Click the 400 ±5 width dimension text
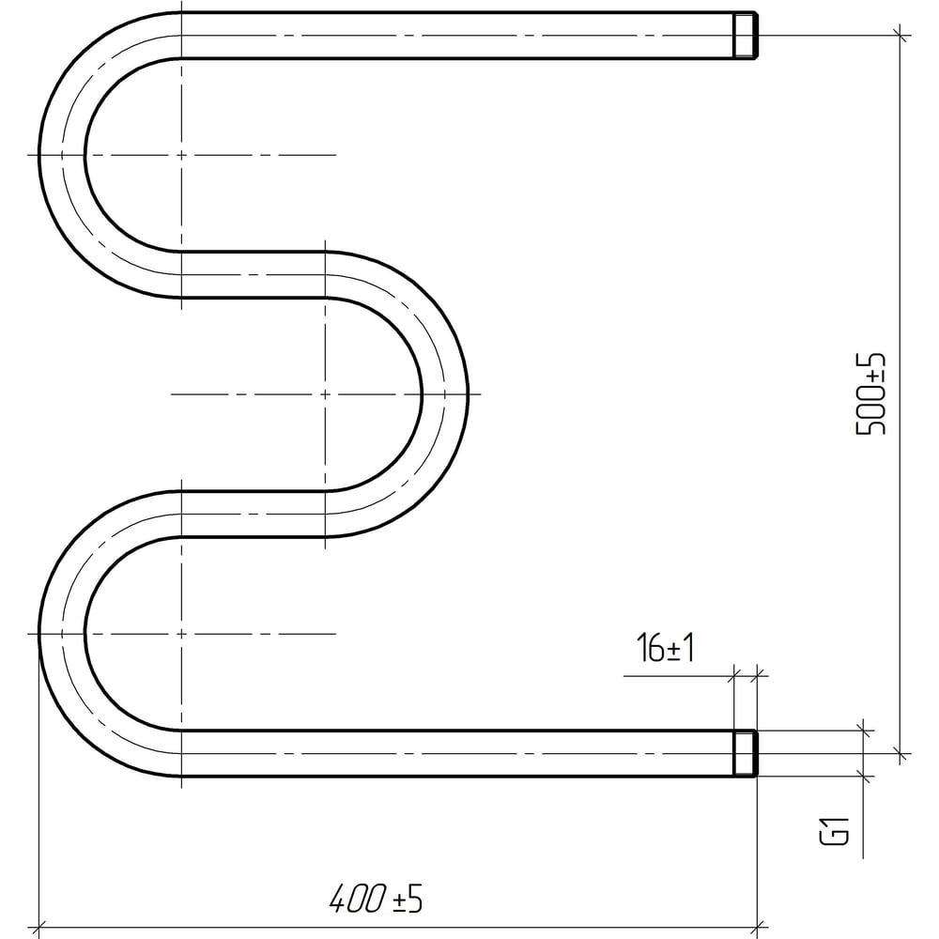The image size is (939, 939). (x=376, y=899)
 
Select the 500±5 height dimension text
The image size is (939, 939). (x=870, y=394)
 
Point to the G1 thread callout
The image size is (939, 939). (x=834, y=829)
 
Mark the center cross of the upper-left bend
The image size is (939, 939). (x=181, y=155)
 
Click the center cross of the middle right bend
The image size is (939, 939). (x=325, y=394)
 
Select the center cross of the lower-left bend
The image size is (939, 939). (x=181, y=634)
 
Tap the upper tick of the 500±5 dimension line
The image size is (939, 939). (x=901, y=36)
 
